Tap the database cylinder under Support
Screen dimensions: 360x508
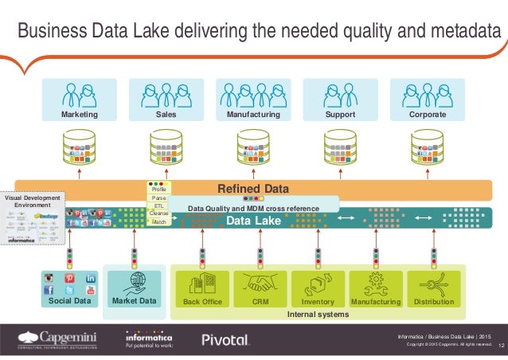(339, 147)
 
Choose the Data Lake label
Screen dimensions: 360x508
(254, 221)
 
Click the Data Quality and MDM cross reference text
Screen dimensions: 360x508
(252, 209)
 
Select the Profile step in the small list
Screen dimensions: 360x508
(158, 190)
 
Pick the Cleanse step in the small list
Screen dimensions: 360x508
(158, 213)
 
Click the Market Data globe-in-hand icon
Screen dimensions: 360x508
(134, 284)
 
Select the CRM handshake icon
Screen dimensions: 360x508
(260, 284)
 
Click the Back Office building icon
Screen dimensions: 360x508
(201, 284)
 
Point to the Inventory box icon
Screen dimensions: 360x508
(318, 284)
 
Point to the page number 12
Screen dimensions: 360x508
(501, 345)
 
